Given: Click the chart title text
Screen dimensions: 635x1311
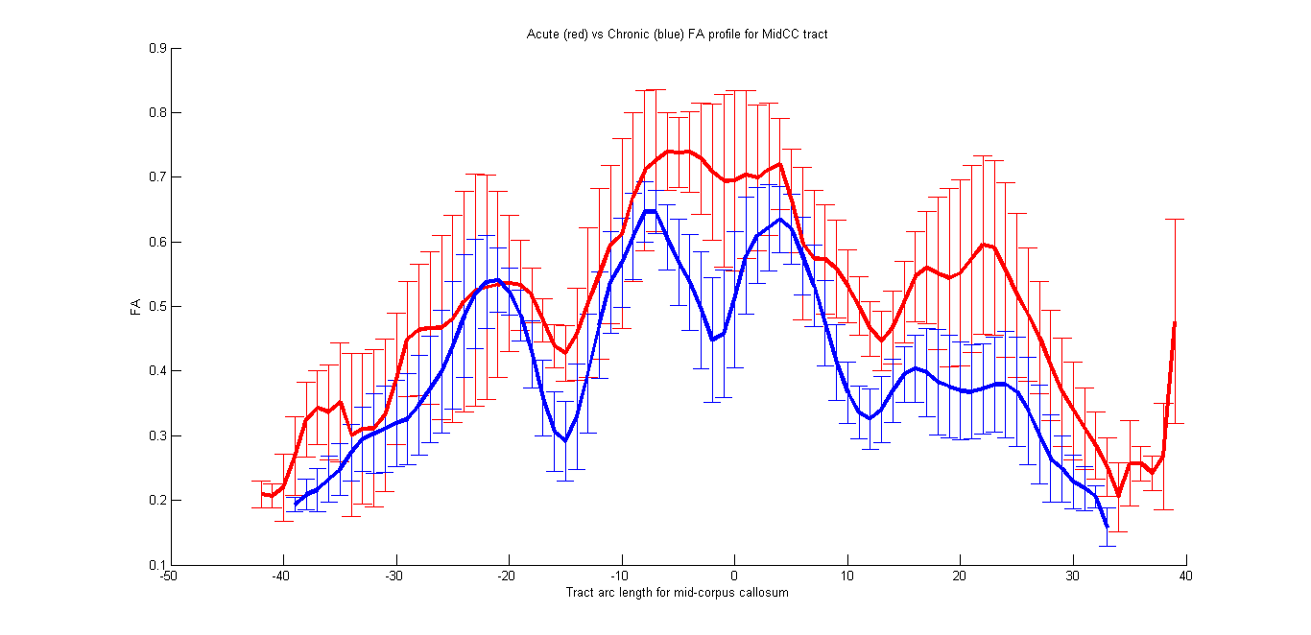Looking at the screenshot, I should click(677, 35).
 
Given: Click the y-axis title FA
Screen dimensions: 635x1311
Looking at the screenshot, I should click(136, 307).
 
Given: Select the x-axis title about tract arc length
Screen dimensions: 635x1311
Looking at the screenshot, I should click(677, 592).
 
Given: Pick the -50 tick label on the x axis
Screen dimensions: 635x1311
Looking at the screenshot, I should click(169, 576).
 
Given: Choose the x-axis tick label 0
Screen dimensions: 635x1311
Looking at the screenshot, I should click(734, 576).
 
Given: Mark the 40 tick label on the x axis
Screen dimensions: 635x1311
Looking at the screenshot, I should click(1186, 576).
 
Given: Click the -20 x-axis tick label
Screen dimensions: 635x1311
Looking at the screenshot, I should click(507, 576).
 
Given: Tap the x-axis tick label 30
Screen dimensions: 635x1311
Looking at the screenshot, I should click(1073, 576).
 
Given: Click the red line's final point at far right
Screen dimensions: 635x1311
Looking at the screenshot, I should click(1175, 322).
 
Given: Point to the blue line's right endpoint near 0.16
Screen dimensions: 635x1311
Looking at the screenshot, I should click(1107, 527).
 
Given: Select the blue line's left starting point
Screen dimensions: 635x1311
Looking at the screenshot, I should click(295, 505).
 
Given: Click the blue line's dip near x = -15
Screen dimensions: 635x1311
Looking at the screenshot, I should click(565, 440).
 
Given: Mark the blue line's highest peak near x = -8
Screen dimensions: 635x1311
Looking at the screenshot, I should click(650, 210).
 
